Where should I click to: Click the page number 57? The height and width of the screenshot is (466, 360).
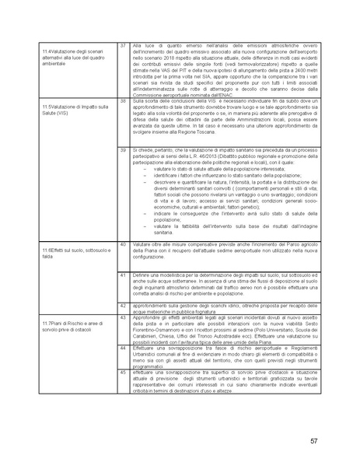point(313,441)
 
